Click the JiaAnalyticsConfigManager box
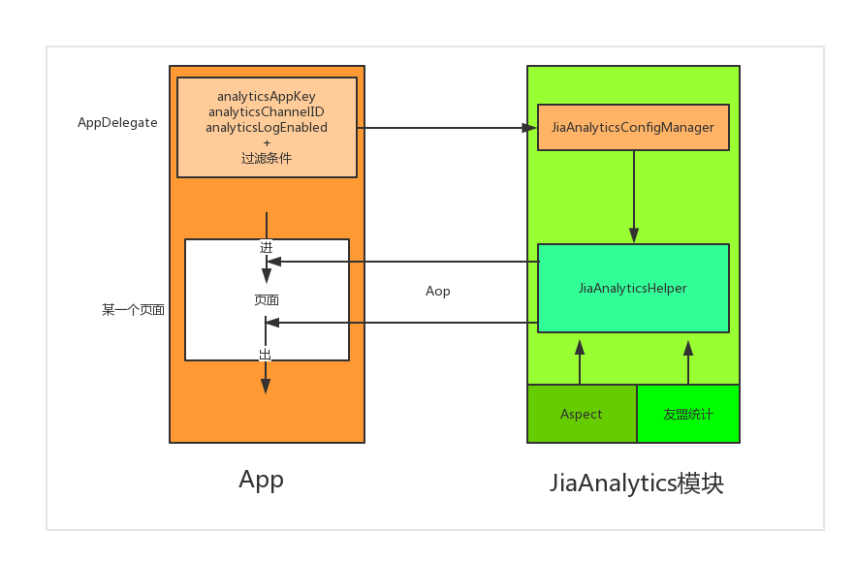click(633, 127)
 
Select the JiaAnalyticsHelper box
click(633, 288)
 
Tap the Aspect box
click(582, 414)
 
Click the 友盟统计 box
click(688, 414)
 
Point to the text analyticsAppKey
click(267, 97)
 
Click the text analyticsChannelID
click(267, 112)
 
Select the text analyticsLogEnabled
click(267, 127)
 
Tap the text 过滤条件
click(267, 158)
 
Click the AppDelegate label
click(117, 123)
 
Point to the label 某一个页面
click(133, 310)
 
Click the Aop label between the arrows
click(438, 291)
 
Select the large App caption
click(262, 480)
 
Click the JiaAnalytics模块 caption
click(637, 483)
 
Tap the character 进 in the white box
click(267, 247)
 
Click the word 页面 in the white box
click(267, 300)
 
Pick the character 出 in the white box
click(266, 355)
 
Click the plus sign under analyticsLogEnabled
click(267, 142)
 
